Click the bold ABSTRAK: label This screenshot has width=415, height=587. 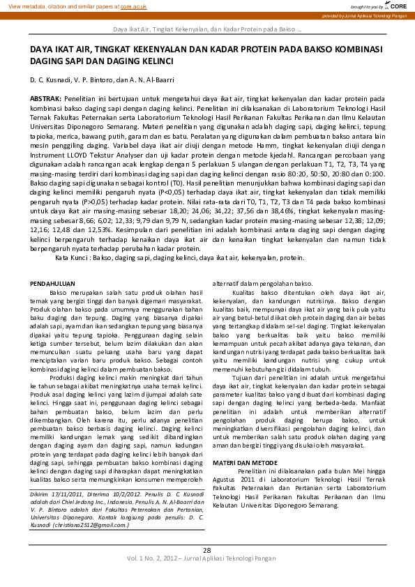click(45, 100)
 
